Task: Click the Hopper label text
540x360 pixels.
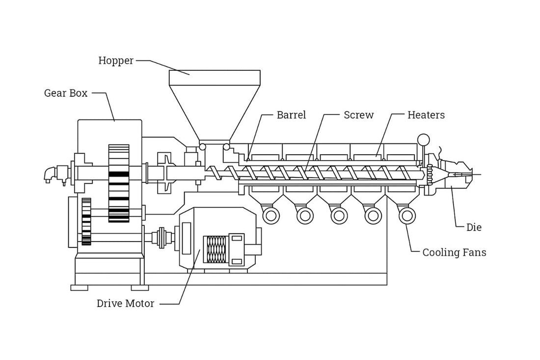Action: point(116,60)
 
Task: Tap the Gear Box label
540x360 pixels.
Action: point(66,93)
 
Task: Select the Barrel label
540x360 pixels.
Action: point(291,115)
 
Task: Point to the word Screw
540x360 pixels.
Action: point(358,115)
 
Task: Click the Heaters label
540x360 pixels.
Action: point(426,115)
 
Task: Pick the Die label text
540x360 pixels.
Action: point(474,227)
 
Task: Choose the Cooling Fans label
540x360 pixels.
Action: point(454,252)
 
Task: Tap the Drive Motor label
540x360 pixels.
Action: point(125,304)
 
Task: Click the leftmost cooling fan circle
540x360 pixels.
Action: point(271,216)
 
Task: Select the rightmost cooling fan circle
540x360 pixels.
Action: point(407,216)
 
